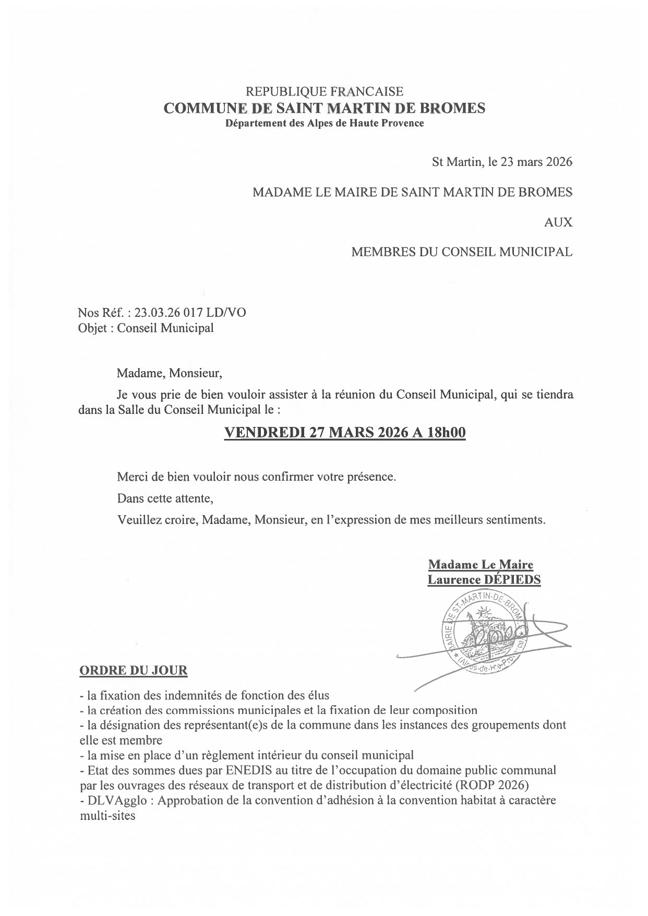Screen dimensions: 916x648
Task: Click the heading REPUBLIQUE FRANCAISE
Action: [324, 92]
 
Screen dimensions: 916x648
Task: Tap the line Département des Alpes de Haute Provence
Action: [324, 124]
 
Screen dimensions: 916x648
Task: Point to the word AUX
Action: [558, 222]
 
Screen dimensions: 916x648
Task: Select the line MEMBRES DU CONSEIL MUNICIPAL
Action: [462, 252]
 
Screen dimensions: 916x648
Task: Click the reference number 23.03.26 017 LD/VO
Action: [190, 313]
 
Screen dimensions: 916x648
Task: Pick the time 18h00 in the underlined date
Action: [446, 433]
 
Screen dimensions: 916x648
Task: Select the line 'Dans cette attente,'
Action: [165, 498]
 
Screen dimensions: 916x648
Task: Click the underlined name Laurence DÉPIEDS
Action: [484, 580]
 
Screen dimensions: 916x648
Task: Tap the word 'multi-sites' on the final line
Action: [107, 815]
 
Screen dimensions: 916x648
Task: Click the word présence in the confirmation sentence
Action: [371, 477]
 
